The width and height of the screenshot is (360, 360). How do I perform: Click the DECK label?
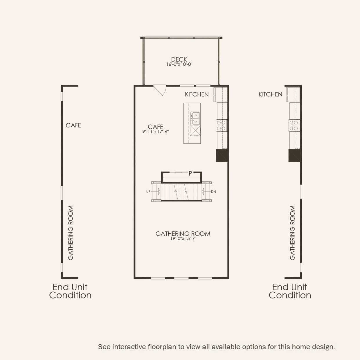pos(179,60)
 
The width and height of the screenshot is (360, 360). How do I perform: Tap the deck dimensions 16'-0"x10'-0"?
pos(179,64)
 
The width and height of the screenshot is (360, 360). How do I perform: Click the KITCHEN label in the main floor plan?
pos(197,94)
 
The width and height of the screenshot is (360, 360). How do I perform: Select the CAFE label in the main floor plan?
pos(155,127)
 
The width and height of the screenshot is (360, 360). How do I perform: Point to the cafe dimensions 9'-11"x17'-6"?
pos(155,132)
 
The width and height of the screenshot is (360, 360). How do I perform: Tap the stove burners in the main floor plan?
pos(221,125)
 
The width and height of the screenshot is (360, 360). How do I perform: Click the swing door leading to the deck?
pos(160,90)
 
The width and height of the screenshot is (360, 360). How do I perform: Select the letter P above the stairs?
pos(190,173)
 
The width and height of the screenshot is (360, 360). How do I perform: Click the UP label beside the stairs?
pos(148,192)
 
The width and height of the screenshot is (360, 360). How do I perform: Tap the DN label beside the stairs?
pos(213,192)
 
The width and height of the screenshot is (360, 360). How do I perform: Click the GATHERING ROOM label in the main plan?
pos(183,234)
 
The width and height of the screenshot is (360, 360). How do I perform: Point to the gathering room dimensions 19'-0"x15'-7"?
pos(183,239)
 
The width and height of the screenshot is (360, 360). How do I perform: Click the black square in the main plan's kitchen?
pos(222,156)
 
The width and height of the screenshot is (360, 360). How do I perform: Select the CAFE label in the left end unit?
pos(73,125)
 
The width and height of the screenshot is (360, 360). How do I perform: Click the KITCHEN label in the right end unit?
pos(270,94)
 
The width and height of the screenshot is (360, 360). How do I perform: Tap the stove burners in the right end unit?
pos(294,125)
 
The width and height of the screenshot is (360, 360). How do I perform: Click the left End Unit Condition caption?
pos(70,291)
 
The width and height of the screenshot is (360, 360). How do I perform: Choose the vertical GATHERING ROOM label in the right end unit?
pos(292,233)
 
